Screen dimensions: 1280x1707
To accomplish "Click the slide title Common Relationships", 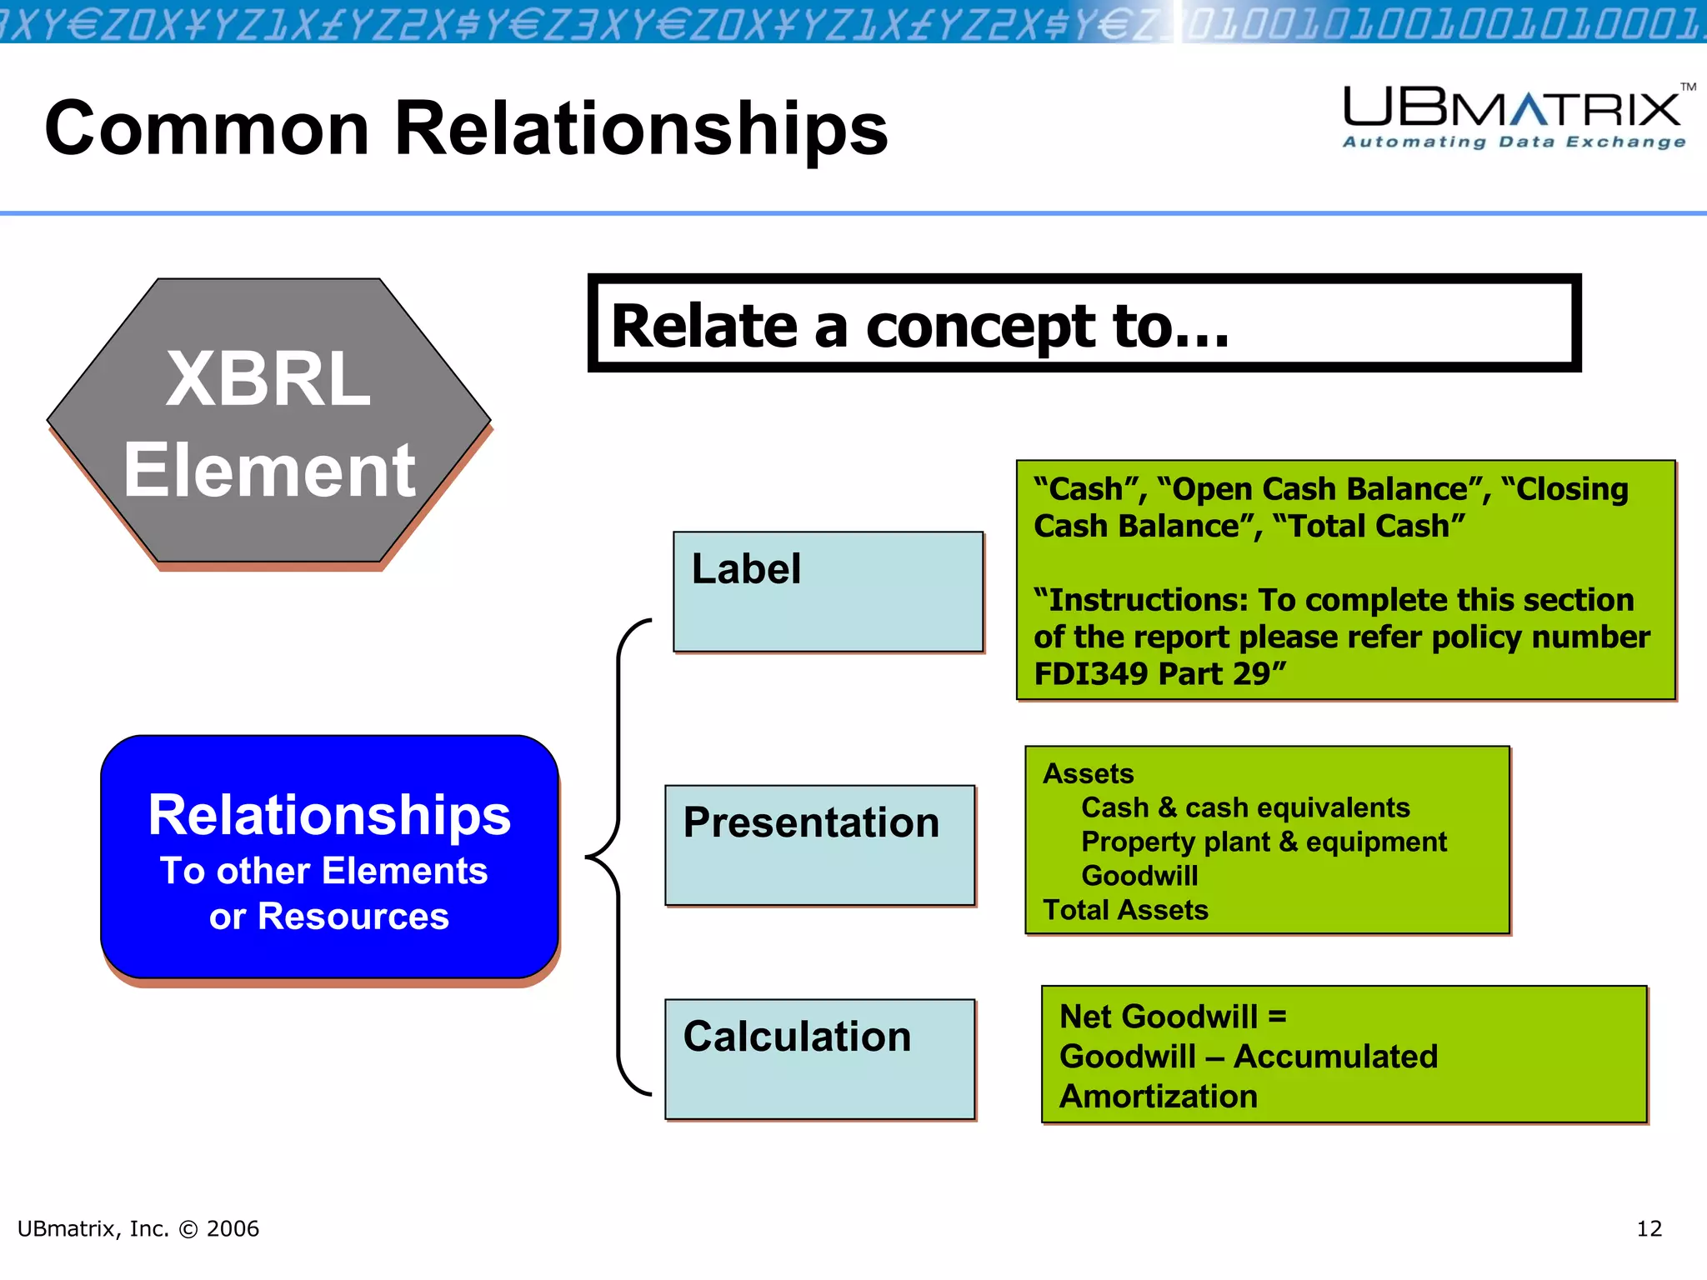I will pyautogui.click(x=466, y=128).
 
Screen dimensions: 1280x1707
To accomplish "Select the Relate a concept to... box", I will pyautogui.click(x=1084, y=323).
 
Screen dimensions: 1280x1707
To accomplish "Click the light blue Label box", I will pyautogui.click(x=828, y=592).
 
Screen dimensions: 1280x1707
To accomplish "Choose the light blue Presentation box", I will pyautogui.click(x=819, y=844).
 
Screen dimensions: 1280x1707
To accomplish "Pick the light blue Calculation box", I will pyautogui.click(x=819, y=1058).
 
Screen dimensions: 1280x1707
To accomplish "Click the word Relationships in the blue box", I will pyautogui.click(x=329, y=815).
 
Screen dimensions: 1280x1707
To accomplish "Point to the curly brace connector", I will pyautogui.click(x=617, y=857).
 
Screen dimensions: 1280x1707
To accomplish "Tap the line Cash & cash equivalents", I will pyautogui.click(x=1244, y=807).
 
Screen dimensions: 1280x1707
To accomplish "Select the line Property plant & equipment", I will pyautogui.click(x=1263, y=842).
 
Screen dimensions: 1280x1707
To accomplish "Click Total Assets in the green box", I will pyautogui.click(x=1125, y=910).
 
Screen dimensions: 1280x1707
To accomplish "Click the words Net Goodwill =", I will pyautogui.click(x=1172, y=1017).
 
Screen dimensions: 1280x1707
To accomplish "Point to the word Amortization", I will pyautogui.click(x=1158, y=1097).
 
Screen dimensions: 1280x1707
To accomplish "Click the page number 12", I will pyautogui.click(x=1649, y=1228).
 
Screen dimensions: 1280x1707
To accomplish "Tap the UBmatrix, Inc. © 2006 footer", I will pyautogui.click(x=138, y=1228).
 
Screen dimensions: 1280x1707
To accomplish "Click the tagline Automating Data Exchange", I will pyautogui.click(x=1514, y=142).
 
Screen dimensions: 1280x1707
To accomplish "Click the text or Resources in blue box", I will pyautogui.click(x=328, y=917).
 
